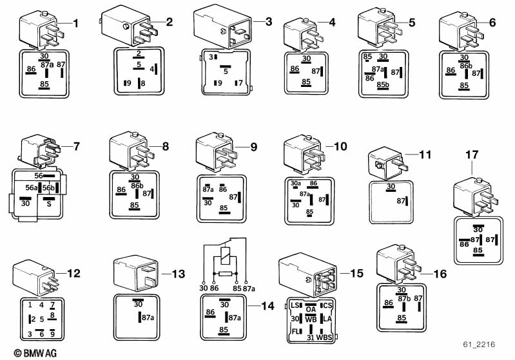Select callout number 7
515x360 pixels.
[x=77, y=146]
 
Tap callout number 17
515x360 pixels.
[x=471, y=155]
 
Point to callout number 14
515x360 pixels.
[x=267, y=307]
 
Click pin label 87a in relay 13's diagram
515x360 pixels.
[x=148, y=317]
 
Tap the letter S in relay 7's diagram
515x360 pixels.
[x=47, y=204]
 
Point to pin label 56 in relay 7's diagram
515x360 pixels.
[x=39, y=175]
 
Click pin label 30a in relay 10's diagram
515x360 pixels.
[x=296, y=184]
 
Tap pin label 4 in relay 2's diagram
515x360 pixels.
[x=151, y=68]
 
